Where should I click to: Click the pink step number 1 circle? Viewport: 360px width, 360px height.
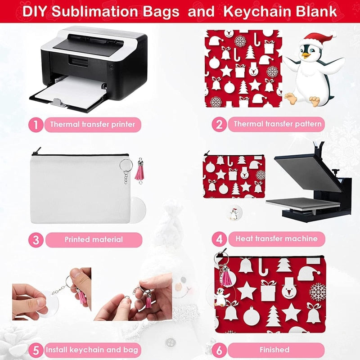[36, 124]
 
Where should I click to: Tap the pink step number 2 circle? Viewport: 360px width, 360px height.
[219, 124]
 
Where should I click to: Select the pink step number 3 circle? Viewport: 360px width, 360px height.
[36, 239]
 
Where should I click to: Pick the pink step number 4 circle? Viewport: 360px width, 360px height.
[219, 238]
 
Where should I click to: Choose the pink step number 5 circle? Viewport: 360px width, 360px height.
[36, 350]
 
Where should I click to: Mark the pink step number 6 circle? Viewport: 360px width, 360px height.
[219, 350]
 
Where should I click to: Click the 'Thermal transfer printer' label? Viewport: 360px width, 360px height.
[93, 124]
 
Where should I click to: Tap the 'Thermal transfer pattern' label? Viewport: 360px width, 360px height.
[277, 124]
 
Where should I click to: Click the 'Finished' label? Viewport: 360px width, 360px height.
[274, 350]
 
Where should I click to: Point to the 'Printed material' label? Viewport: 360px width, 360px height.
[93, 239]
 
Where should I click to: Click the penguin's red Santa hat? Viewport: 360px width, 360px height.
[317, 40]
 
